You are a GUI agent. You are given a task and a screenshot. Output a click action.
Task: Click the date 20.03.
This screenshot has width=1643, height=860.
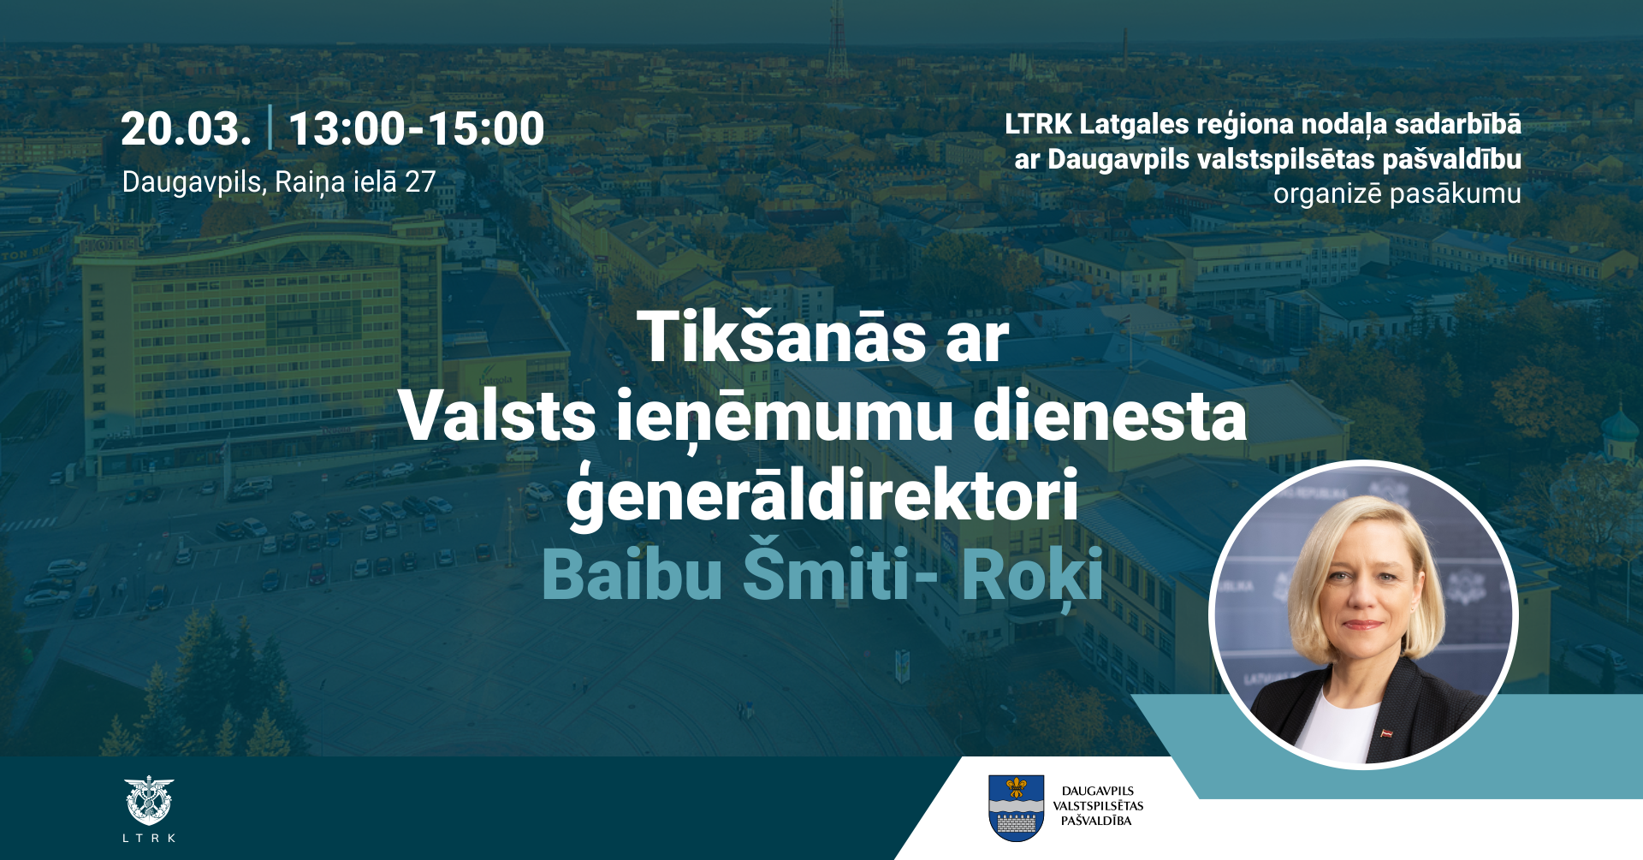[186, 129]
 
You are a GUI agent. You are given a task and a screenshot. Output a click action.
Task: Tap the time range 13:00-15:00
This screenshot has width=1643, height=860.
[416, 129]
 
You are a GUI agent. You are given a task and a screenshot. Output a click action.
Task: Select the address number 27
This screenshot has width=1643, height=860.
[420, 182]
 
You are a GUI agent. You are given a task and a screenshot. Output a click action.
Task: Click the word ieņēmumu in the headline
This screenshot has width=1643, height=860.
[785, 417]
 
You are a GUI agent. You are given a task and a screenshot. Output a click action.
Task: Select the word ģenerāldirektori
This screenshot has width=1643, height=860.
[821, 496]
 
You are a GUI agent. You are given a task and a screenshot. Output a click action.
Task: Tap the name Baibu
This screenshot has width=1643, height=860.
[632, 575]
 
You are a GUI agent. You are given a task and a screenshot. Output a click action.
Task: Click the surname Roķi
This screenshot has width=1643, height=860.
[1032, 575]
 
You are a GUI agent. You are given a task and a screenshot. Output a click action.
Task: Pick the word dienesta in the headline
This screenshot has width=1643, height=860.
[1110, 417]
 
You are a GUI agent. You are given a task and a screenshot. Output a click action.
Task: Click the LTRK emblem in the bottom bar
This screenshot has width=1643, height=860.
[149, 801]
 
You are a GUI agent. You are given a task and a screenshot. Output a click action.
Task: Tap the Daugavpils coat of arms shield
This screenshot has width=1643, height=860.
[1016, 808]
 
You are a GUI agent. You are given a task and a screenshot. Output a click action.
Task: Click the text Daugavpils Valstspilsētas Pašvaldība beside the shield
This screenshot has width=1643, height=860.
[1098, 806]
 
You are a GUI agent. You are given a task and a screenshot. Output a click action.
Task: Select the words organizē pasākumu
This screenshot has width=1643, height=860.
[1397, 194]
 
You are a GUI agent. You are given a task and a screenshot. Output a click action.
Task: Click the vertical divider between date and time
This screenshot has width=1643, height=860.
[270, 128]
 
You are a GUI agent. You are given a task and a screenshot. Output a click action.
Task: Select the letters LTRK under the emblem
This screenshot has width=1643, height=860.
[149, 839]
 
